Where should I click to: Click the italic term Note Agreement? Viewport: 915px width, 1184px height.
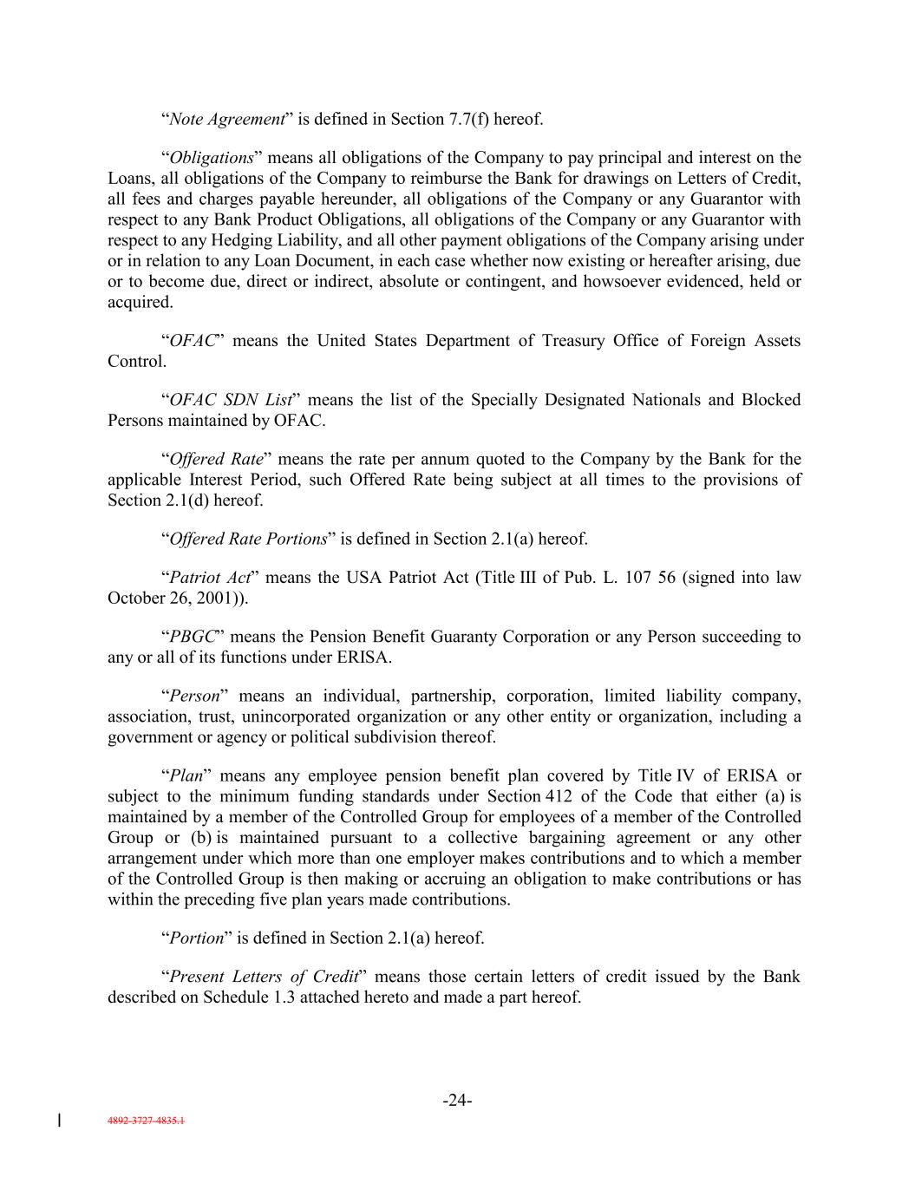227,120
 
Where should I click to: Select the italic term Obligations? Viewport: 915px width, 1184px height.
212,158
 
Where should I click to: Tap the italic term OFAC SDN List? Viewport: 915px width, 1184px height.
231,400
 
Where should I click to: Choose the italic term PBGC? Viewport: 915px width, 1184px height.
193,637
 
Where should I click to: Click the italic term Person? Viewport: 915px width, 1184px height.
194,696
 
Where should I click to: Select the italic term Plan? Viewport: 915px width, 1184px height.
186,775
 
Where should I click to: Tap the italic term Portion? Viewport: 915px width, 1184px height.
197,939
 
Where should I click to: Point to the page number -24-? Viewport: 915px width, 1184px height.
457,1101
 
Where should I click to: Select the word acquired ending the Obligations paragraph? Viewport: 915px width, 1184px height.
139,303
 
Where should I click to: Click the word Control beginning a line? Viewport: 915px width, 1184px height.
135,362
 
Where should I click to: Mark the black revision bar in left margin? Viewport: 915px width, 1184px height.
59,1120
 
